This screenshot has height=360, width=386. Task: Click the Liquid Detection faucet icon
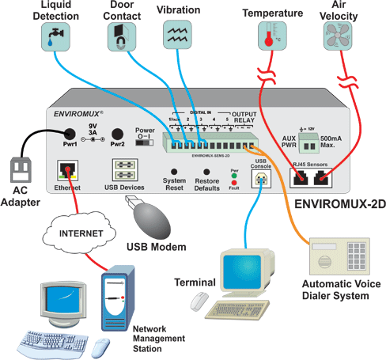pyautogui.click(x=55, y=36)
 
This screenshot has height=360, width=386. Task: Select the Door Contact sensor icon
pyautogui.click(x=122, y=36)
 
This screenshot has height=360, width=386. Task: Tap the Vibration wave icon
pyautogui.click(x=176, y=36)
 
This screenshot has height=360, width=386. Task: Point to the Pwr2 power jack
pyautogui.click(x=117, y=135)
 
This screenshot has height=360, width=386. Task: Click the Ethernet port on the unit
pyautogui.click(x=67, y=170)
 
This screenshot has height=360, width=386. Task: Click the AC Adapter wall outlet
pyautogui.click(x=22, y=168)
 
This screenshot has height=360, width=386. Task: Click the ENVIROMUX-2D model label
pyautogui.click(x=339, y=203)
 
